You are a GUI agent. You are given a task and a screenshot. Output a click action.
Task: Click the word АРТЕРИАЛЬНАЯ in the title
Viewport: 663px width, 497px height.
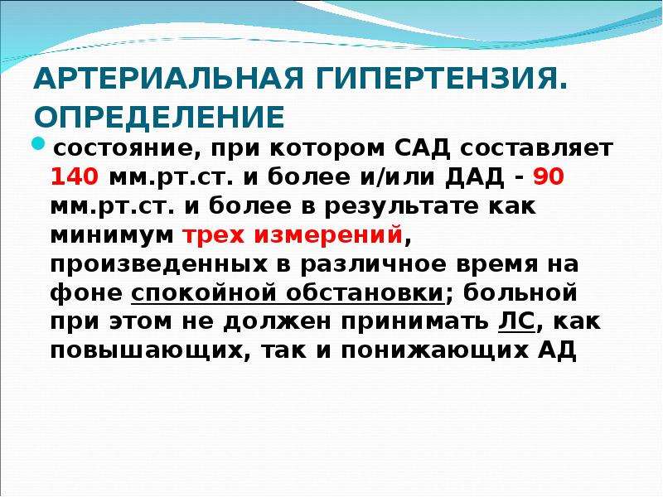coord(168,78)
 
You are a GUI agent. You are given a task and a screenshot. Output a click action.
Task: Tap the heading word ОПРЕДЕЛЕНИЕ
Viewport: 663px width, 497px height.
coord(159,116)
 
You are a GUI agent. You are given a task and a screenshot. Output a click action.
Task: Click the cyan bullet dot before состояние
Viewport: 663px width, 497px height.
coord(38,143)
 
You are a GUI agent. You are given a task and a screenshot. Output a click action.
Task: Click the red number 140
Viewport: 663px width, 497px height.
coord(75,176)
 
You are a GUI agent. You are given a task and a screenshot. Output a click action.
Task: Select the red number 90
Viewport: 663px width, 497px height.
coord(549,176)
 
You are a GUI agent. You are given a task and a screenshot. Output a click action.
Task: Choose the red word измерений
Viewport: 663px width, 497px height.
coord(328,235)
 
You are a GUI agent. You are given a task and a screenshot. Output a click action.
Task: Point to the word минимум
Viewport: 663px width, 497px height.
coord(112,235)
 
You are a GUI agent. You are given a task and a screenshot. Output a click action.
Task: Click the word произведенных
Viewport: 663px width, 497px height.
coord(159,264)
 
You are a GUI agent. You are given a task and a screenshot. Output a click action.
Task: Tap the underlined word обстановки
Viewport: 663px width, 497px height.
coord(364,293)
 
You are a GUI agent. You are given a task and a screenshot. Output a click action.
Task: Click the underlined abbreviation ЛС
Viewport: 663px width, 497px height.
coord(516,322)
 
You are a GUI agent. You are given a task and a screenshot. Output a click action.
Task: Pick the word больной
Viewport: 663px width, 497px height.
coord(520,292)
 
